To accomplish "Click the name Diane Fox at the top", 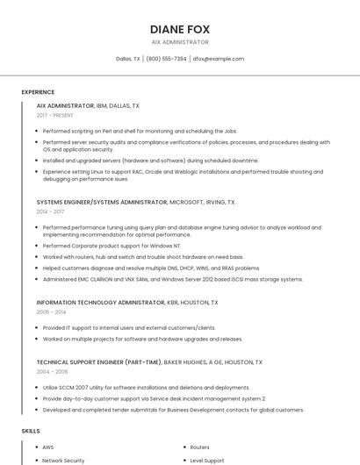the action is (x=180, y=29).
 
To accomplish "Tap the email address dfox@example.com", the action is (x=219, y=59).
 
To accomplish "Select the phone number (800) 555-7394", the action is (x=166, y=59).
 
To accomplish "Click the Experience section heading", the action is (x=38, y=92).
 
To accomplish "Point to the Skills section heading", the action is (x=31, y=431).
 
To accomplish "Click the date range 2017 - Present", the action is (x=54, y=115).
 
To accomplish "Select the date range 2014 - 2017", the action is (x=50, y=211).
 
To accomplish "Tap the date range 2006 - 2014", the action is (x=51, y=311).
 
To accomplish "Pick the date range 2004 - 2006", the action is (x=51, y=371).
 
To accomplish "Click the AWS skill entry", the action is (x=48, y=447).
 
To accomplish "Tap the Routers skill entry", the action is (x=200, y=447).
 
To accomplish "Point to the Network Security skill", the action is (x=63, y=460).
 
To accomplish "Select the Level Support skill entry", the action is (x=207, y=460).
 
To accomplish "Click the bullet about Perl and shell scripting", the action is (x=140, y=131).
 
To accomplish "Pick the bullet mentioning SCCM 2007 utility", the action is (x=146, y=387).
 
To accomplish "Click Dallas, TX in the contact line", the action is (x=128, y=59).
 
